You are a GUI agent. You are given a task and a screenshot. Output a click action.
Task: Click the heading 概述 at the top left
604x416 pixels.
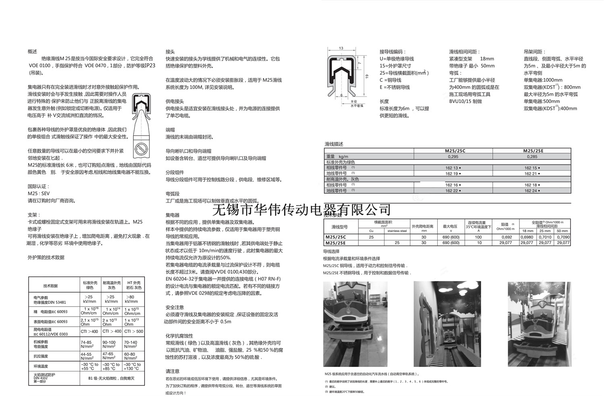[x=32, y=52]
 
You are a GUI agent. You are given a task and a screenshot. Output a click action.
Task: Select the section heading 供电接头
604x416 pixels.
[x=175, y=102]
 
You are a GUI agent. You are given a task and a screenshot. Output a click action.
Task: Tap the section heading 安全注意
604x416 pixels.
[x=175, y=307]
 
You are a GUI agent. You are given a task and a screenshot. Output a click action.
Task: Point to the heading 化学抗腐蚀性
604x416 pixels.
[x=179, y=336]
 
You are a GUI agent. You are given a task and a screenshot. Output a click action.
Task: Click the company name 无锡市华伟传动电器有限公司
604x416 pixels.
[x=301, y=210]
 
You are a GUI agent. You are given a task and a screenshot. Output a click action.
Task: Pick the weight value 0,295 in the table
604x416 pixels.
[x=453, y=157]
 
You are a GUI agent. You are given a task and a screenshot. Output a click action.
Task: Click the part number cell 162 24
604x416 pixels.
[x=532, y=191]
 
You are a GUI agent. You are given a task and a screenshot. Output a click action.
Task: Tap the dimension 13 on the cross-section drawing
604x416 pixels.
[x=341, y=48]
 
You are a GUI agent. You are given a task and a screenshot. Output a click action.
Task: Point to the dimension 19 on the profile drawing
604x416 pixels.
[x=367, y=76]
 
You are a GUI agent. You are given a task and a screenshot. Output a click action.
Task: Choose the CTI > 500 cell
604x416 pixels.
[x=134, y=332]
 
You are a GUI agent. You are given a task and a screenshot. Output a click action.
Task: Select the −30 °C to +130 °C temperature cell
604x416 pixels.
[x=132, y=367]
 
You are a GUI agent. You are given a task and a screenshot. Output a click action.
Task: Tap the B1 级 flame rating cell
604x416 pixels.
[x=111, y=378]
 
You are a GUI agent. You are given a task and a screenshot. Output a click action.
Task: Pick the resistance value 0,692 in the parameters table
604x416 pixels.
[x=507, y=237]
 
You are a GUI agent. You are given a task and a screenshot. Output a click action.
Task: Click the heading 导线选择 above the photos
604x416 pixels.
[x=331, y=251]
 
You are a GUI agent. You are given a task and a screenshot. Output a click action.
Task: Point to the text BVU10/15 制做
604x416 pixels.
[x=465, y=101]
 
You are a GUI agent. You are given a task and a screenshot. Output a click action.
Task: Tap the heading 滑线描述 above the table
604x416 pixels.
[x=334, y=144]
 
